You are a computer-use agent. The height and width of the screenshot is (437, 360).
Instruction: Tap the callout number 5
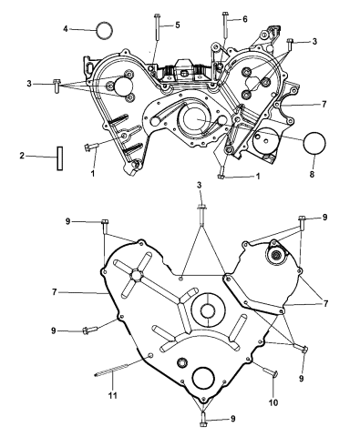click(x=178, y=24)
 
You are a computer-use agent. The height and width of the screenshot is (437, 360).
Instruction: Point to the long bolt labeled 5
click(x=158, y=32)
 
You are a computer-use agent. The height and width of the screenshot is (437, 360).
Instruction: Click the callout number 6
click(x=244, y=18)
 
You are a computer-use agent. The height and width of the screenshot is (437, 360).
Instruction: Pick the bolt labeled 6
click(x=224, y=27)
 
